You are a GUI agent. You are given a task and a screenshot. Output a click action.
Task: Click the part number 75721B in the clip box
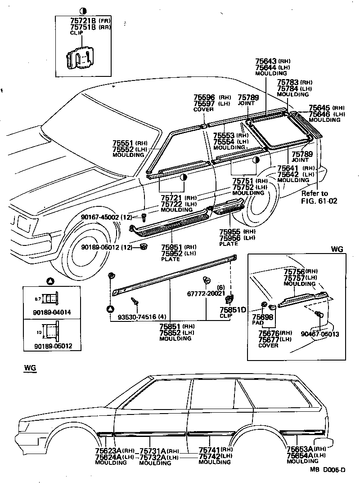pos(83,21)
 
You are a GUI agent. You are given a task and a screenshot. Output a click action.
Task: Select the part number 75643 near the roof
pos(265,61)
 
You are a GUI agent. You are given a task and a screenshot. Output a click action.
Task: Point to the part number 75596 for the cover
pos(204,97)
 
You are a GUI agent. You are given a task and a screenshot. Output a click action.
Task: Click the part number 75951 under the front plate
pos(172,247)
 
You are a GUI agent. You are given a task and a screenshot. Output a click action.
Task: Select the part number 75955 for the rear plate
pos(230,232)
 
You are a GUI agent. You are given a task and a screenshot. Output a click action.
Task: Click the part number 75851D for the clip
pos(233,310)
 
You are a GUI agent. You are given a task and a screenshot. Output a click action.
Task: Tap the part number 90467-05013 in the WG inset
pos(319,334)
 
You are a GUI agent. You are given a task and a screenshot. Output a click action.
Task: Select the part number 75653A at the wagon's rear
pos(299,449)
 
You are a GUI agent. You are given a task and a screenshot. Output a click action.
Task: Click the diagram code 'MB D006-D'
pos(327,470)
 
